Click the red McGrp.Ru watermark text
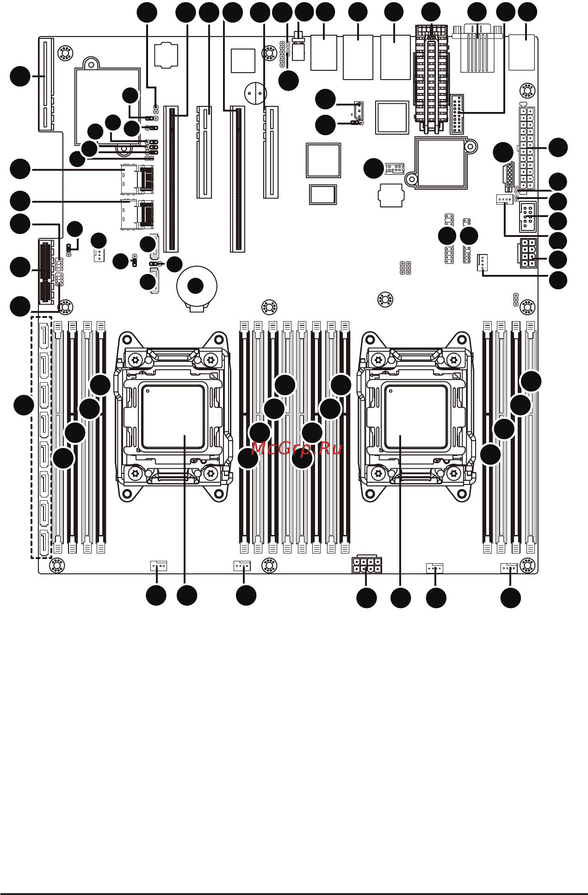[x=297, y=448]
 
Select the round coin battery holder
[x=197, y=287]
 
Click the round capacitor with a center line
[x=255, y=93]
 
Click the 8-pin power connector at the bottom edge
[x=367, y=565]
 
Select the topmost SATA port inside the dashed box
[x=44, y=335]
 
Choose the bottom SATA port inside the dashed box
[x=44, y=542]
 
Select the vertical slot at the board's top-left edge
[x=45, y=83]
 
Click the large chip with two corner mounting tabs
[x=442, y=162]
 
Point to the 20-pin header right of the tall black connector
[x=457, y=114]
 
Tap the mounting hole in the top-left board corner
[x=65, y=53]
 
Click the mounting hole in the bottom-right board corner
[x=527, y=565]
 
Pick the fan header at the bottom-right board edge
[x=509, y=568]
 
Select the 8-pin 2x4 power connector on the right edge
[x=528, y=253]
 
